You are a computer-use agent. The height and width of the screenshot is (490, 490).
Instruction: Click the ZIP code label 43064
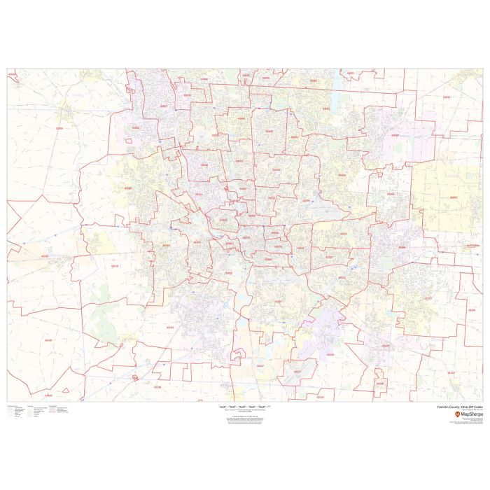(59, 128)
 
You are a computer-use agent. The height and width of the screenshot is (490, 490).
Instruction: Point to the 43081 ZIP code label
(326, 108)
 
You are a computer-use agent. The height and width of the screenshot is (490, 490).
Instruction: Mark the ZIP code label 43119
(115, 265)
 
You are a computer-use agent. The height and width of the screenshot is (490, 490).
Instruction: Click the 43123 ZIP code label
(170, 327)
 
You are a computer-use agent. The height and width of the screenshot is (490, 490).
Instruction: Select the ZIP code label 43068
(402, 247)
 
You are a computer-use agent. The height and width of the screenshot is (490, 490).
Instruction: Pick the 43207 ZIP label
(278, 302)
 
